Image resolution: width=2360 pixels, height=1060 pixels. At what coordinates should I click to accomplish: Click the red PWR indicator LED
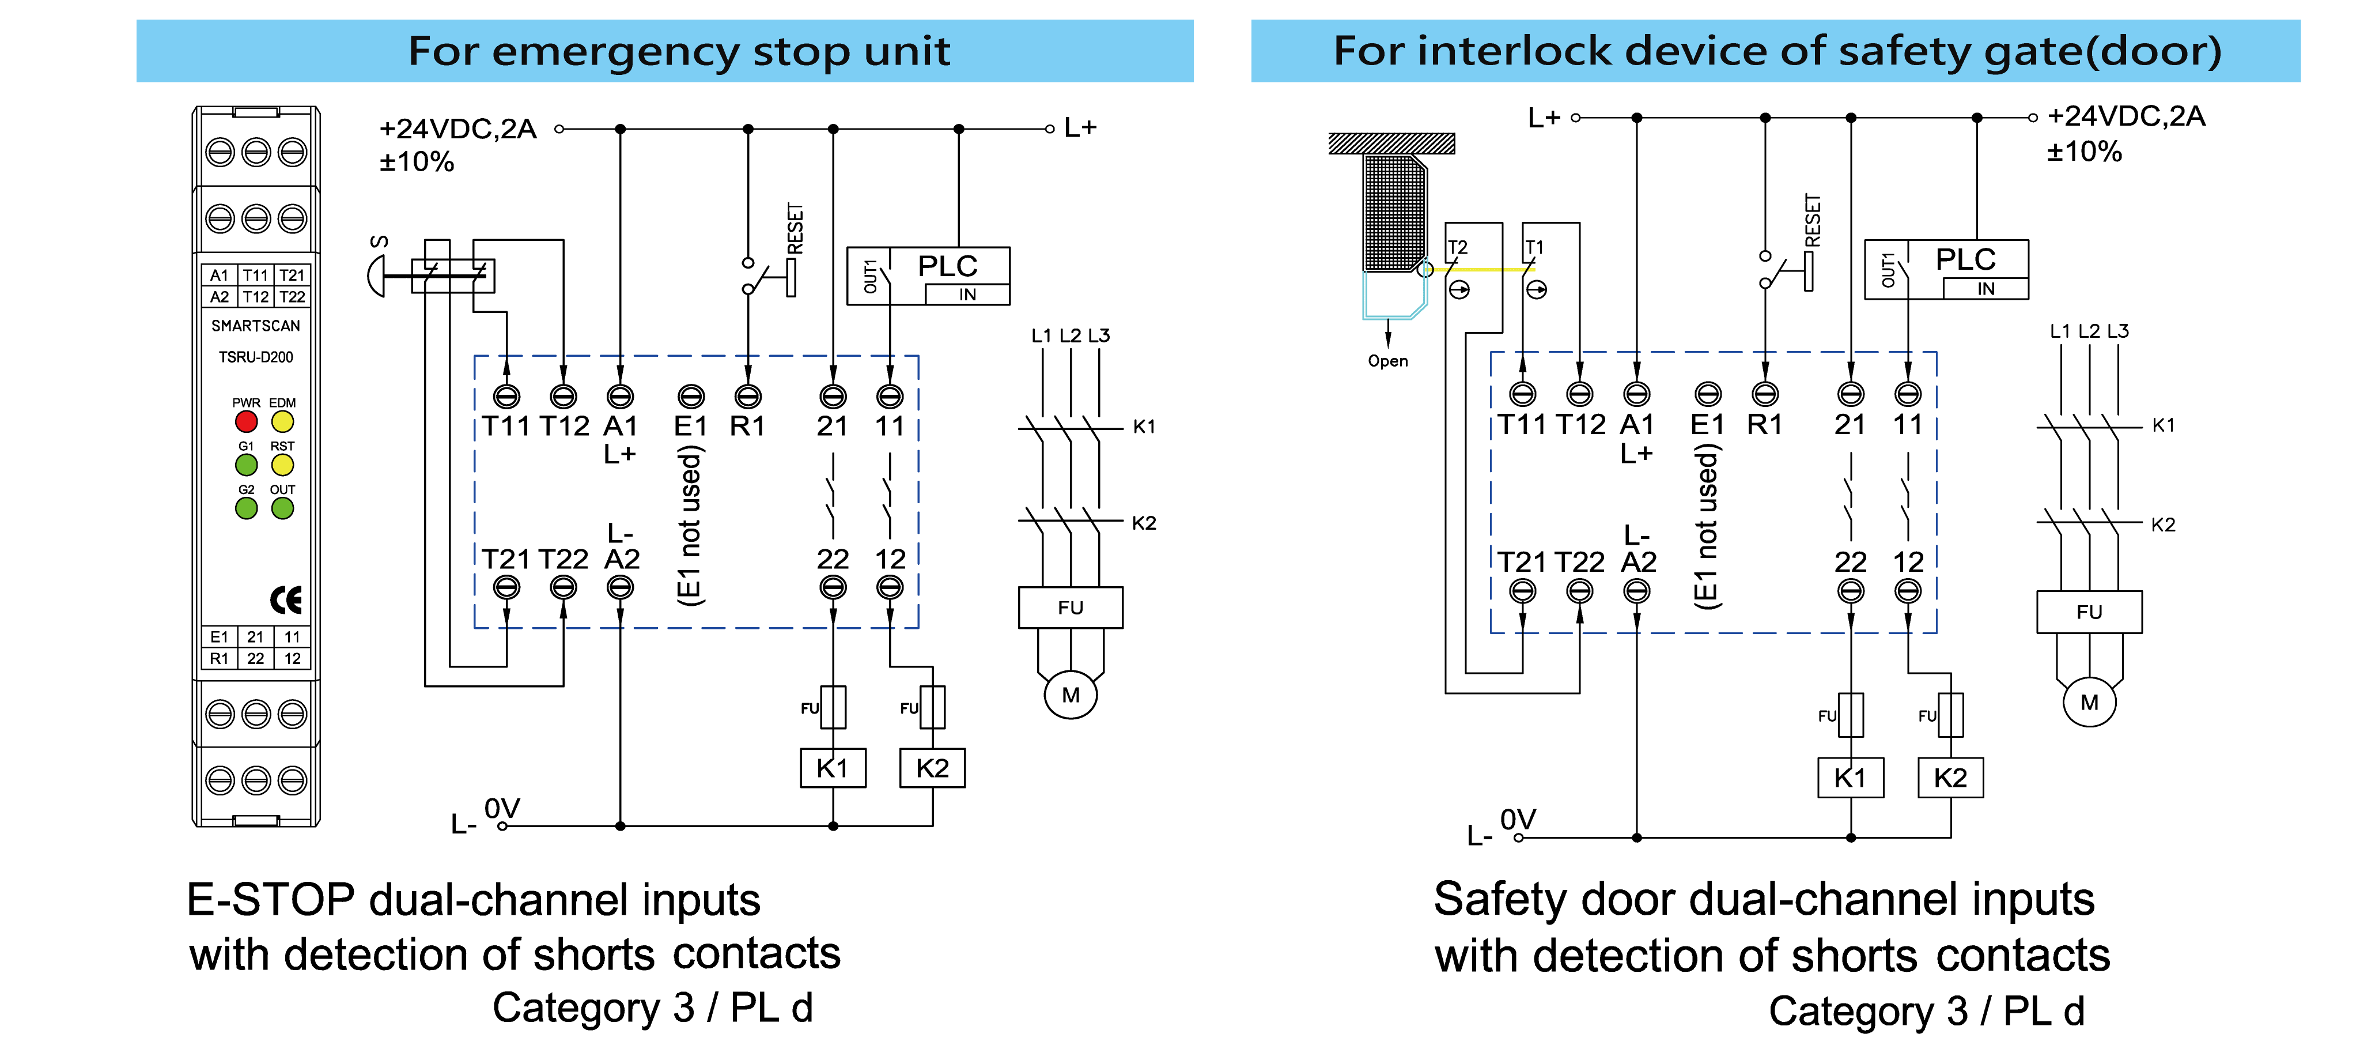coord(245,421)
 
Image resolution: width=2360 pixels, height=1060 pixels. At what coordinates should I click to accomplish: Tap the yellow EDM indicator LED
coord(282,421)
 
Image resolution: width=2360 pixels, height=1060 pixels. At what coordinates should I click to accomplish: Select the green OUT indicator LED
coord(282,508)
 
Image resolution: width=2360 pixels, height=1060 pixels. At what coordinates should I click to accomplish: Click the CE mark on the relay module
coord(286,600)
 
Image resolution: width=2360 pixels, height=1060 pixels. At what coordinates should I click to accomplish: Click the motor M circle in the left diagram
coord(1070,695)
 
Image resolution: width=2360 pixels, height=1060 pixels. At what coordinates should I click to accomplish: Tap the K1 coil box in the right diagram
coord(1850,778)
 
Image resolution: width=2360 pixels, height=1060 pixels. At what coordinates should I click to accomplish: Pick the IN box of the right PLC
coord(1985,289)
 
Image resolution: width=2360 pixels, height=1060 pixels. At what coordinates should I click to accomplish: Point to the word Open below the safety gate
coord(1387,361)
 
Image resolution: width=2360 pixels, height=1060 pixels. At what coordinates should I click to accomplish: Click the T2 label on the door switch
coord(1458,247)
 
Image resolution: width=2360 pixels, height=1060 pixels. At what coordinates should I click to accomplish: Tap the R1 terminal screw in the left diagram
coord(747,397)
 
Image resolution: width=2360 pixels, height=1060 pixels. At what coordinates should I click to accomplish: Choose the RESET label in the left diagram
coord(795,229)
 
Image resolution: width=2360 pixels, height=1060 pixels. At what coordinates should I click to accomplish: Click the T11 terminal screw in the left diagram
coord(506,397)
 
